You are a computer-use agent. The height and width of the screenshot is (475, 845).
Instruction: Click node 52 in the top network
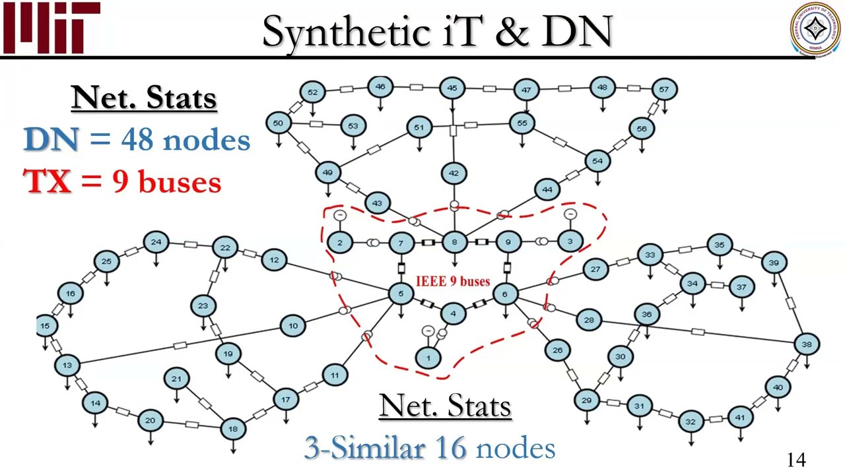click(312, 92)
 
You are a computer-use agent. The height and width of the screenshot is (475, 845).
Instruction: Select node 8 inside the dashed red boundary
click(454, 242)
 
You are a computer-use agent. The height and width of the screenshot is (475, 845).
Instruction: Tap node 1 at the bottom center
click(428, 358)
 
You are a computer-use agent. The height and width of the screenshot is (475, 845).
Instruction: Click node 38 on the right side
click(807, 344)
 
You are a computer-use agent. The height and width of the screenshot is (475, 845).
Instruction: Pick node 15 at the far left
click(45, 325)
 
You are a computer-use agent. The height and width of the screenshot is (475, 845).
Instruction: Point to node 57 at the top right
click(664, 89)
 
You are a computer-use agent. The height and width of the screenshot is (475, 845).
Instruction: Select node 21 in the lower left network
click(176, 379)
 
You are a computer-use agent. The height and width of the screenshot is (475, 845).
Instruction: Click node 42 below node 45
click(454, 174)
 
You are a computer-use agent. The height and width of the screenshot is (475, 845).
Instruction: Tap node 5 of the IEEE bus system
click(401, 294)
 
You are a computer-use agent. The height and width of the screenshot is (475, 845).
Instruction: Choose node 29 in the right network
click(586, 400)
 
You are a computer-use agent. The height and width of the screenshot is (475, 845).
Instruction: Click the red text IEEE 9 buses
click(453, 282)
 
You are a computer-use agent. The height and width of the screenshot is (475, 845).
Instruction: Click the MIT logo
click(51, 28)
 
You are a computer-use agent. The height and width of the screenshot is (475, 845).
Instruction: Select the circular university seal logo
click(816, 28)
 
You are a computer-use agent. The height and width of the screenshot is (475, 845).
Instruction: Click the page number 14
click(796, 460)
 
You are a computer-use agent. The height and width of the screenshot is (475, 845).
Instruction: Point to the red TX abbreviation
click(48, 181)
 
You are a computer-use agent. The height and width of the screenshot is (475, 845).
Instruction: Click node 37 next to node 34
click(741, 287)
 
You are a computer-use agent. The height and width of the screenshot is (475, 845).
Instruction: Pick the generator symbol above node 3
click(570, 214)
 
